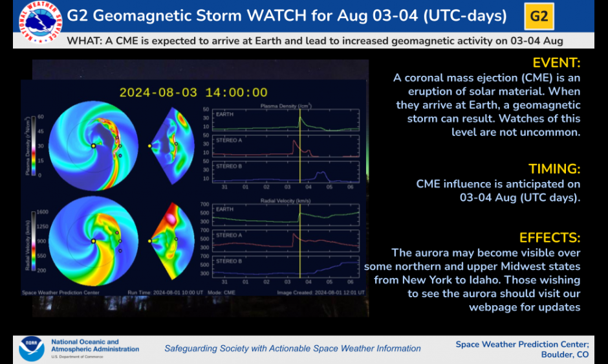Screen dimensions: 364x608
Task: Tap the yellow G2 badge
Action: tap(539, 16)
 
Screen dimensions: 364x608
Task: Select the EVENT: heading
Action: tap(556, 63)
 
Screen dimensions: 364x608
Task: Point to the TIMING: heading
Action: tap(554, 169)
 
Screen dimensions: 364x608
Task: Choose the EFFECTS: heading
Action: tap(550, 238)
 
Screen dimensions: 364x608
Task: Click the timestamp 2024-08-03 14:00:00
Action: tap(193, 93)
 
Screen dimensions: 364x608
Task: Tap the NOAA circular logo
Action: tap(31, 348)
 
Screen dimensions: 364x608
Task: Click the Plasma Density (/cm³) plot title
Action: tap(284, 105)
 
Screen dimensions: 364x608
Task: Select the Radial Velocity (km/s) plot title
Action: tap(284, 201)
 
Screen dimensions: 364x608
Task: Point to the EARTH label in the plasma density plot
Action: tap(224, 114)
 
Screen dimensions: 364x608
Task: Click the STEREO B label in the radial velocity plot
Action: tap(228, 261)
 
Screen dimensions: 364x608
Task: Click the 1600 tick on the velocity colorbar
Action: tap(43, 212)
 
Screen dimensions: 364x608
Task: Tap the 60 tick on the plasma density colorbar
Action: tap(40, 117)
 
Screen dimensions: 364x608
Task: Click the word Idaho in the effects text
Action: tap(563, 280)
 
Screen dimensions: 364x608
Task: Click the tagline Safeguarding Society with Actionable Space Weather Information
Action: tap(292, 348)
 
